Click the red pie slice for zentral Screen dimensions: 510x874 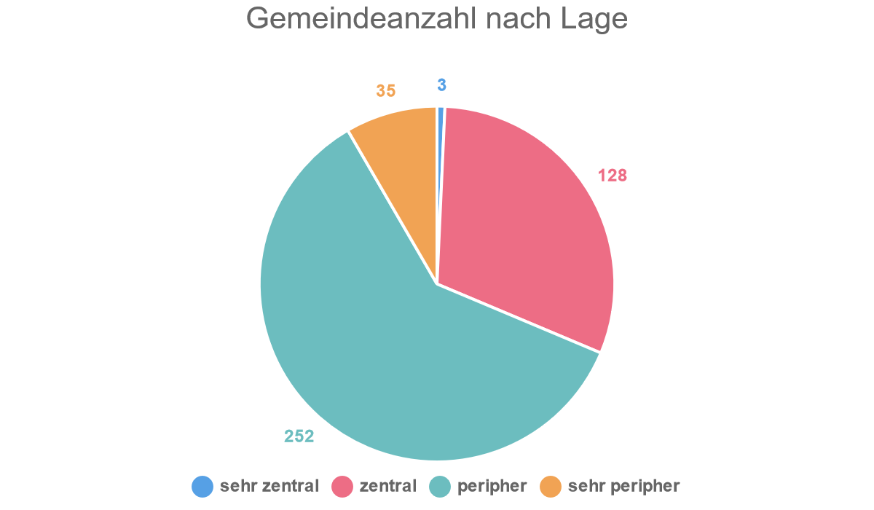pyautogui.click(x=524, y=226)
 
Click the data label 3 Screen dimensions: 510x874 pyautogui.click(x=441, y=85)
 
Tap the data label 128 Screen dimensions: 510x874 pyautogui.click(x=613, y=176)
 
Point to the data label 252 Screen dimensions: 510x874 pyautogui.click(x=299, y=436)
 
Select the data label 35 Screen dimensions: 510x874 pyautogui.click(x=386, y=91)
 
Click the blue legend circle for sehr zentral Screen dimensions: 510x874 pyautogui.click(x=202, y=487)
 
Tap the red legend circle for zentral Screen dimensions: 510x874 pyautogui.click(x=342, y=487)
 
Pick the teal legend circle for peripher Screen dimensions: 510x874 pyautogui.click(x=441, y=487)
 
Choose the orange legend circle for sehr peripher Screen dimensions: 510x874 pyautogui.click(x=551, y=487)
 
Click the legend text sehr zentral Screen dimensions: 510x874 pyautogui.click(x=269, y=486)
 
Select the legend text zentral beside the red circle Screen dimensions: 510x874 pyautogui.click(x=388, y=486)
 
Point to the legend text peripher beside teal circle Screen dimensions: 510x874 pyautogui.click(x=492, y=487)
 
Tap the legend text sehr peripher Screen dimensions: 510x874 pyautogui.click(x=623, y=487)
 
